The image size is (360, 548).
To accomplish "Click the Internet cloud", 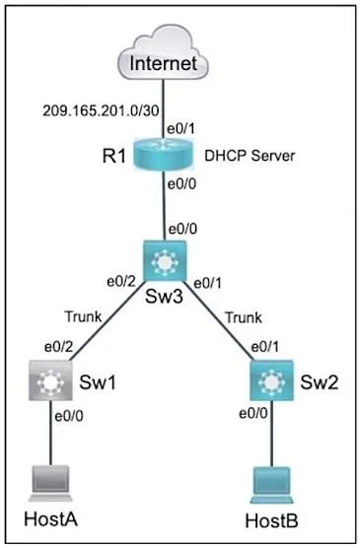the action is (163, 53).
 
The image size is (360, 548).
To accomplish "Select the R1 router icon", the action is (163, 155).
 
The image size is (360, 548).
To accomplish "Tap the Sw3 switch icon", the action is (165, 260).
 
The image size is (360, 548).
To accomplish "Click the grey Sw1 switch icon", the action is (50, 380).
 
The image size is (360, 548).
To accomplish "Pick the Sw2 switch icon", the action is (271, 380).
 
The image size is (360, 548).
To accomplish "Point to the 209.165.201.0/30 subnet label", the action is (101, 110).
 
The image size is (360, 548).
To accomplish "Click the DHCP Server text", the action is (250, 156).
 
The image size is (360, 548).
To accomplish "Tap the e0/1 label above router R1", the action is (180, 128).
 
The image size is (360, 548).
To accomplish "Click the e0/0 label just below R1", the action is (181, 184).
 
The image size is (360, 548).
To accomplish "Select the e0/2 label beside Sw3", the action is (121, 281).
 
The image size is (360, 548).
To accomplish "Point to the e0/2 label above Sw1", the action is (59, 347).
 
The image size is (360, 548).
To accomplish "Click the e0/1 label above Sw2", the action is (265, 347).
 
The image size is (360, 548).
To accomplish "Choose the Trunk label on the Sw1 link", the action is (83, 316).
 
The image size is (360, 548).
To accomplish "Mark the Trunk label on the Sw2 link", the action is (244, 317).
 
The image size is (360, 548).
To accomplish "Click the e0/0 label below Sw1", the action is (69, 416).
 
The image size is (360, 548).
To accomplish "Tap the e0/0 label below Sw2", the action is (253, 413).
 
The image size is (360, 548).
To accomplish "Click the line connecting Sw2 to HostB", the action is (271, 434).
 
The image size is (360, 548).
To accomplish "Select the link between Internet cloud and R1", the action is (163, 109).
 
